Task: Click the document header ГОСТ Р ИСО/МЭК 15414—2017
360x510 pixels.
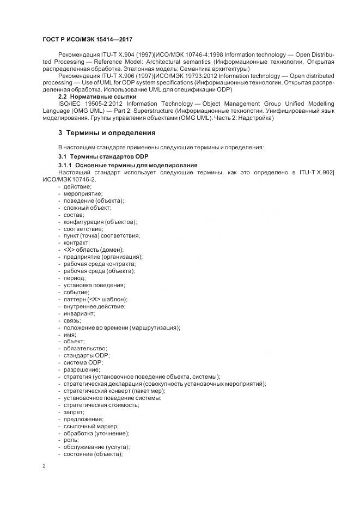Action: tap(87, 39)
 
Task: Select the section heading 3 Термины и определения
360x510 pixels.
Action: tap(107, 132)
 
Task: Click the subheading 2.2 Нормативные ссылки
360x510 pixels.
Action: tap(97, 96)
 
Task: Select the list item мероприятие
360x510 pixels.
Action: tap(83, 193)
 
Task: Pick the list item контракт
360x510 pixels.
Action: tap(77, 242)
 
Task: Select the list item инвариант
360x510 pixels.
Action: tap(79, 313)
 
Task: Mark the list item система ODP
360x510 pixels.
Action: tap(83, 362)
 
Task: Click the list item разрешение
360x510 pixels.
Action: tap(82, 369)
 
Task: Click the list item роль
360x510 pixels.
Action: tap(71, 440)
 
